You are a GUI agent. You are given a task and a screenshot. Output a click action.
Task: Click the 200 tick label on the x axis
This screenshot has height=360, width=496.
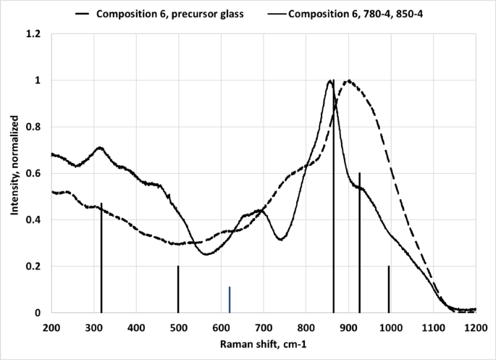tap(51, 327)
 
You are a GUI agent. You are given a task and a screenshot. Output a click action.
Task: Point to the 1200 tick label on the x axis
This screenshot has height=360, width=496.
tap(476, 327)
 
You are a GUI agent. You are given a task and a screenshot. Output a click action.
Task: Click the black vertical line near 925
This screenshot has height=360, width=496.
tap(359, 243)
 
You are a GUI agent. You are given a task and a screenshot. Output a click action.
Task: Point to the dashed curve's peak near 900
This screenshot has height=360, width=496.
tap(349, 80)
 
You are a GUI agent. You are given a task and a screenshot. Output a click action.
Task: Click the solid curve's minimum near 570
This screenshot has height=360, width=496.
tap(207, 254)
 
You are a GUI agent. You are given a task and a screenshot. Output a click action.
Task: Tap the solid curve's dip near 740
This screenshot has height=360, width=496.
tap(282, 239)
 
